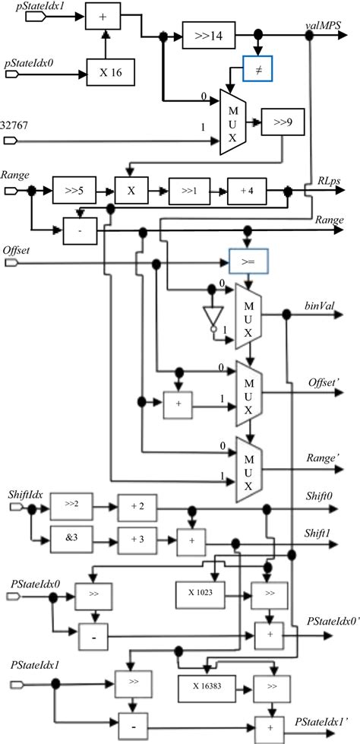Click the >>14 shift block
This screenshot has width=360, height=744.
click(x=208, y=35)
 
